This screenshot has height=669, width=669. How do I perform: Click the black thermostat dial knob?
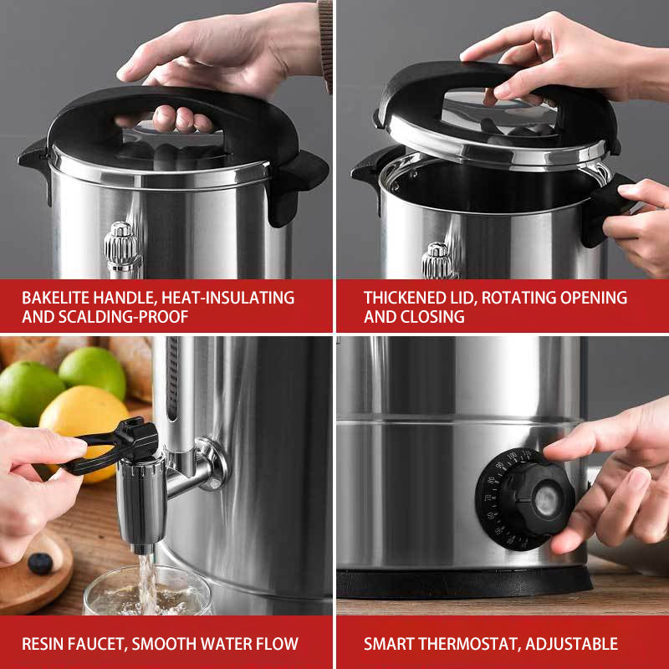[x=535, y=500]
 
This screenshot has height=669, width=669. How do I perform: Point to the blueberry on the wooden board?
[x=40, y=563]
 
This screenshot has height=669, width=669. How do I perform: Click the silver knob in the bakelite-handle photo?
[x=122, y=247]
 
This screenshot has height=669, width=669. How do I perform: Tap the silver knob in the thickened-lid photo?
[x=437, y=261]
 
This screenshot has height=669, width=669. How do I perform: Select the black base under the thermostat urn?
[x=464, y=583]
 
